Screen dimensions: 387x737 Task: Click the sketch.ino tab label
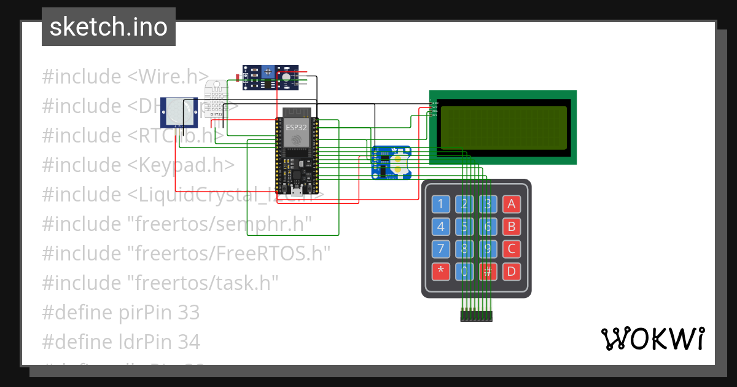108,27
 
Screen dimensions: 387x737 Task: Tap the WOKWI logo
652,338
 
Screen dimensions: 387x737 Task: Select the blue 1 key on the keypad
441,204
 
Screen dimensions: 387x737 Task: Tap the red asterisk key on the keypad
441,271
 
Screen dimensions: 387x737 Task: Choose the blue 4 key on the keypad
441,227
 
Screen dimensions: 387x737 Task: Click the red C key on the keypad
511,249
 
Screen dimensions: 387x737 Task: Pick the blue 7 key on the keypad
441,249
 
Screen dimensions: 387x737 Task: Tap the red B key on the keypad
511,227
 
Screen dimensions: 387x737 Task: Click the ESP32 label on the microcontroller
296,127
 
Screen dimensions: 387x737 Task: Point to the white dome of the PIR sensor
179,111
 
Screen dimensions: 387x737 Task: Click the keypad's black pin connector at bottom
477,316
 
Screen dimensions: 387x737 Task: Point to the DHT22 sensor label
216,114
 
